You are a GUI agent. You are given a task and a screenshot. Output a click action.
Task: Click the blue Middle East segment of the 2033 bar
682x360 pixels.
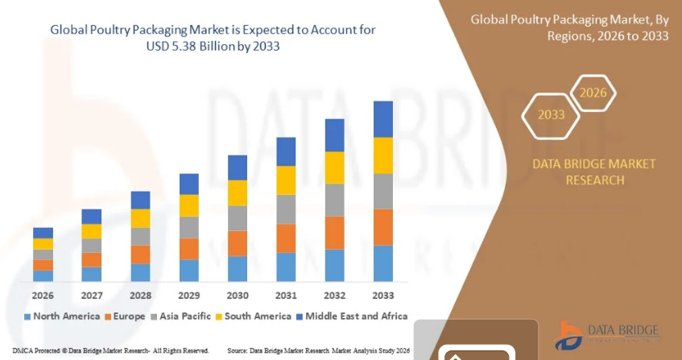(383, 119)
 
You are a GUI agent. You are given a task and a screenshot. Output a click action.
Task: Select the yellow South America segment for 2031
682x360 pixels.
(286, 180)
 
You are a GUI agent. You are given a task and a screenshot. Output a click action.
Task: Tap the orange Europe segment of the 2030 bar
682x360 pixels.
(238, 243)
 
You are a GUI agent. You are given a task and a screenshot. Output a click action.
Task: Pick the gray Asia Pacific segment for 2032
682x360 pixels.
(334, 200)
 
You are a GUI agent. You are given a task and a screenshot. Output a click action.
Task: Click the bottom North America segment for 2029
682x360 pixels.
(189, 270)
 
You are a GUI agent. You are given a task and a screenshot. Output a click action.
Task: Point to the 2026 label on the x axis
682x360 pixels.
(43, 295)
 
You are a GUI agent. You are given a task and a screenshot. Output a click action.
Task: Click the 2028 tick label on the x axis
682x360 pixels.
(140, 295)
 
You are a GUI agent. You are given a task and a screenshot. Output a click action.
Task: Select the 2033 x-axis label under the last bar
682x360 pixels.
(383, 295)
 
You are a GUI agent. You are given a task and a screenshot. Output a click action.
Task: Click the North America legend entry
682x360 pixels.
(62, 316)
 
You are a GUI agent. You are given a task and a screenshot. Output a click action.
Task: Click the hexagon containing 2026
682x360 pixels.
(593, 93)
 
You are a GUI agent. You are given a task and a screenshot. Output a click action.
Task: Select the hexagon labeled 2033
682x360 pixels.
(551, 114)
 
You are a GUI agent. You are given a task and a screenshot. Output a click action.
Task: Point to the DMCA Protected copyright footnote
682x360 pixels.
(105, 351)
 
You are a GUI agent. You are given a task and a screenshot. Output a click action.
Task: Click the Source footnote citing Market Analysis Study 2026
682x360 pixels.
(319, 351)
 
